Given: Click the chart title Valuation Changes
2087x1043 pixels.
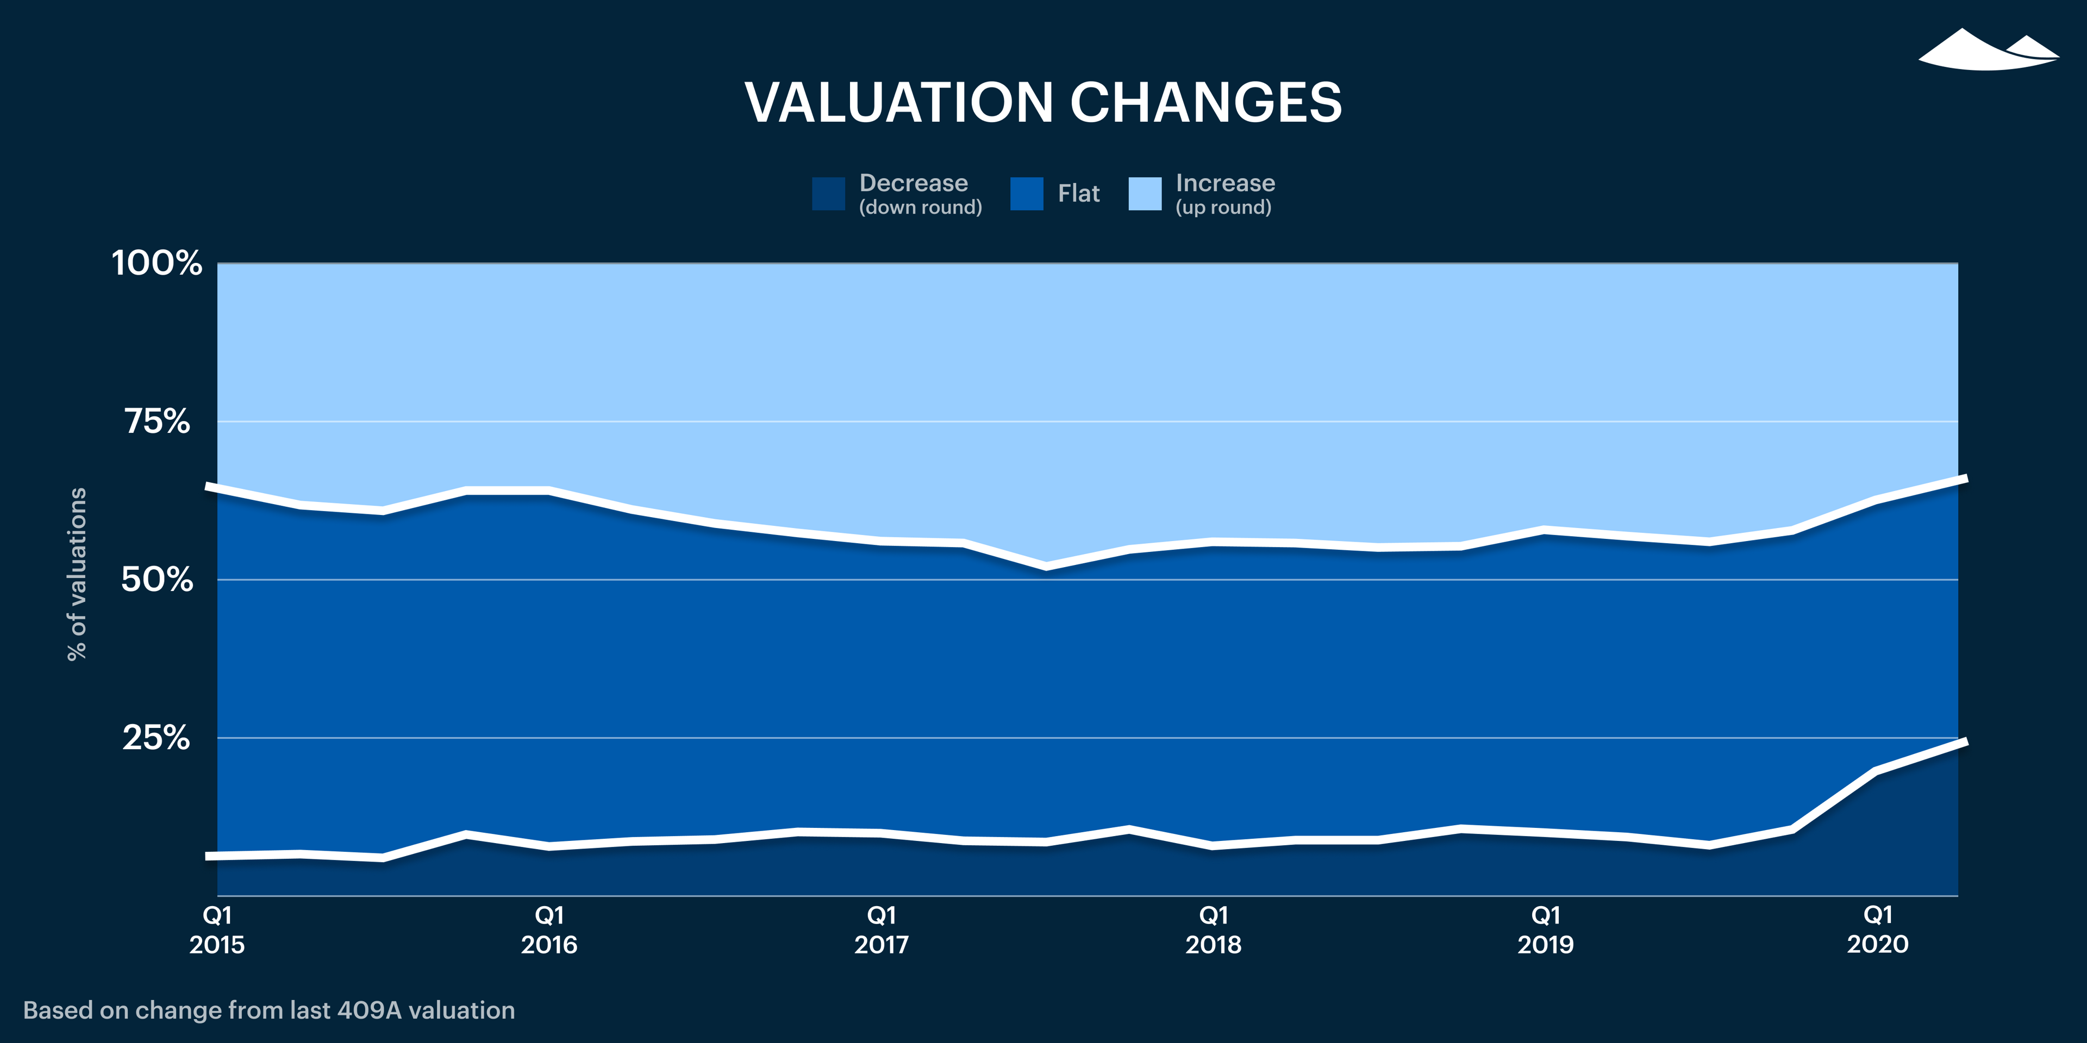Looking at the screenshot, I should tap(1043, 103).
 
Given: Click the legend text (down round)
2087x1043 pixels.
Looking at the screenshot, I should tap(920, 208).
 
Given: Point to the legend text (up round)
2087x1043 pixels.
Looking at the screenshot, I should tap(1223, 208).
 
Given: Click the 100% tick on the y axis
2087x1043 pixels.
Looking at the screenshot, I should tap(157, 263).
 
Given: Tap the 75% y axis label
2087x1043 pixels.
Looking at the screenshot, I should tap(157, 421).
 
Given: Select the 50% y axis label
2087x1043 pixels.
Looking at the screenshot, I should tap(157, 580).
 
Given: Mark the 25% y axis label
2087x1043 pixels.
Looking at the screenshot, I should tap(157, 738).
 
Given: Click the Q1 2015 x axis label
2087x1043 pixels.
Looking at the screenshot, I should tap(217, 929).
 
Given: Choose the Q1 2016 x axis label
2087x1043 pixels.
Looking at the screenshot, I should tap(549, 929).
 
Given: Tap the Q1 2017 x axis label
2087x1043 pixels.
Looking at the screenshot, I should tap(882, 929).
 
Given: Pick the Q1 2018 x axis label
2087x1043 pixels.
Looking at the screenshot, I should tap(1214, 929).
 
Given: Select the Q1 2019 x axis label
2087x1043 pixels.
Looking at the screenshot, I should tap(1546, 929).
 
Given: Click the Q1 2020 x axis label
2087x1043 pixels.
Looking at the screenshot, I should tap(1877, 929).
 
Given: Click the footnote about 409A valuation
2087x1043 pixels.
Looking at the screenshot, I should tap(269, 1010).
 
